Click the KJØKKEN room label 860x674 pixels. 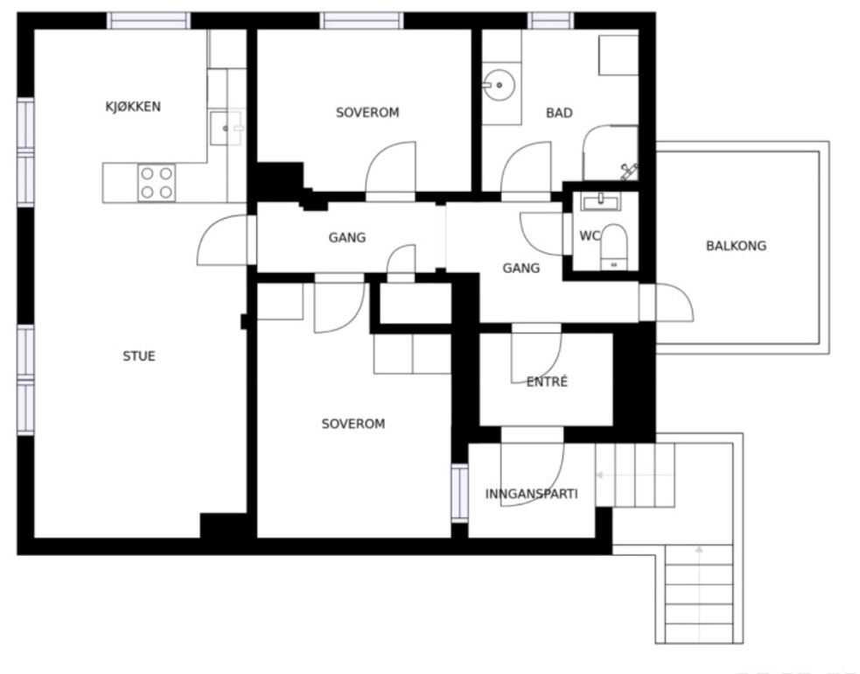click(133, 107)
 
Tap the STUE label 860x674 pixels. click(139, 356)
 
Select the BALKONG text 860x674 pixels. click(736, 246)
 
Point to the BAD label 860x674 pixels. click(559, 113)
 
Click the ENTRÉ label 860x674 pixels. click(547, 382)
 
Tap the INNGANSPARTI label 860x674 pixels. click(531, 494)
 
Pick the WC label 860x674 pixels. click(590, 236)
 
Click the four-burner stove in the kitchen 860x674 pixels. click(157, 183)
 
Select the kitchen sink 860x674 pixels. click(227, 129)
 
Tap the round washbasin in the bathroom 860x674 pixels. click(499, 86)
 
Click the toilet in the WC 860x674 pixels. click(614, 247)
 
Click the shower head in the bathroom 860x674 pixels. click(629, 171)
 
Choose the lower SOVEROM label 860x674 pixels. click(353, 424)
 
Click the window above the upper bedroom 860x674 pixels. click(362, 21)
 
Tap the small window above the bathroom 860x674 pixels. click(550, 21)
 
